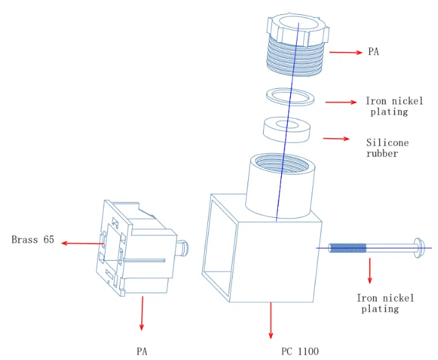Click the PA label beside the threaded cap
tap(373, 52)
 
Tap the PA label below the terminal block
tap(142, 352)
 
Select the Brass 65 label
tap(32, 240)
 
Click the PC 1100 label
tap(300, 352)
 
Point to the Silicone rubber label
tap(387, 148)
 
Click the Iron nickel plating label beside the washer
tap(394, 106)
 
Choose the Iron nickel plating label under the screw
tap(386, 303)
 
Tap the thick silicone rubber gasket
tap(287, 136)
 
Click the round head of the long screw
tap(418, 248)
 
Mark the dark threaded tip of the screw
tap(347, 248)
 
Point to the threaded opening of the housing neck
tap(282, 163)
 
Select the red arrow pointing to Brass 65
tap(82, 243)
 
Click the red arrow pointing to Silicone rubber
tap(336, 138)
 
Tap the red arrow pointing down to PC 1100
tap(270, 320)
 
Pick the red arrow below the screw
tap(370, 270)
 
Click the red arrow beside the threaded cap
tap(345, 52)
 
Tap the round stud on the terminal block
tap(183, 248)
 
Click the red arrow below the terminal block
tap(142, 313)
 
